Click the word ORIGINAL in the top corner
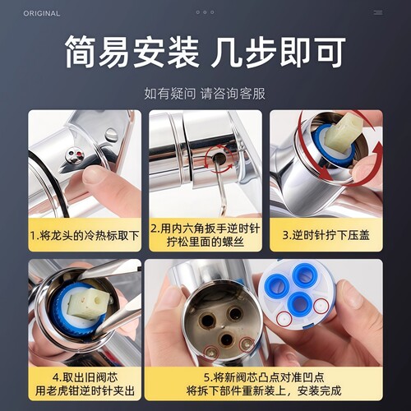click(41, 13)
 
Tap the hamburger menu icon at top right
click(377, 12)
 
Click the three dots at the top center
click(205, 12)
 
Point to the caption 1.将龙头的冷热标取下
click(84, 235)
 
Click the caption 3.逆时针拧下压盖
click(326, 235)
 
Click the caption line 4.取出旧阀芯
click(84, 376)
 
